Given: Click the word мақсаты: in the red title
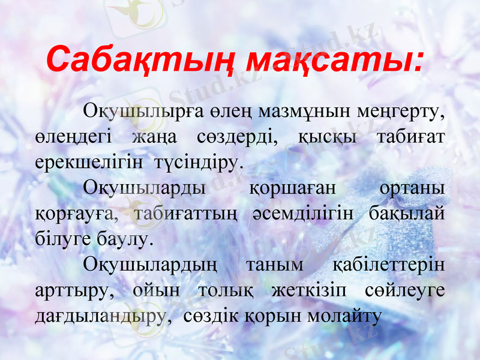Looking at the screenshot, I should (335, 60).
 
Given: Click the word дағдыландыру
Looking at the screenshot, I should (100, 316).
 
